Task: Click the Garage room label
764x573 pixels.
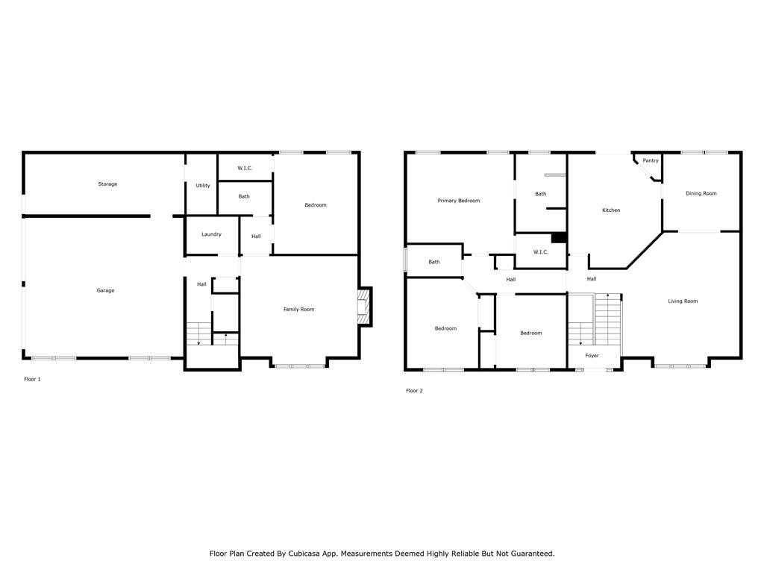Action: pos(105,290)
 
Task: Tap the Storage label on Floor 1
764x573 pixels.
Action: pos(107,184)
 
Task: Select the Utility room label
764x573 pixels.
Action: pos(203,186)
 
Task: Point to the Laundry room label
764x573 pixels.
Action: pos(211,234)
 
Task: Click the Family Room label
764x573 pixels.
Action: pos(298,310)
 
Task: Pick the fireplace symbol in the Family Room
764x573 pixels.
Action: pos(364,307)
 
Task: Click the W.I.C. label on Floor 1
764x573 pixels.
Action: pos(245,168)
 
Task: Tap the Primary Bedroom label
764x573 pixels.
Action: pos(459,201)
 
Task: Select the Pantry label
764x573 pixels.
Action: pos(651,161)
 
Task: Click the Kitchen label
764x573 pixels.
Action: pos(611,210)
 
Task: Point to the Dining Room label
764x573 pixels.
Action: pos(701,193)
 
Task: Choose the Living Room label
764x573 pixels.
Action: pos(683,301)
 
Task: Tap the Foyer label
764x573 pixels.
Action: pos(592,356)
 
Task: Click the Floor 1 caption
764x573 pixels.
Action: pos(33,379)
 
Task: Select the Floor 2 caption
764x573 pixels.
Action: pos(415,391)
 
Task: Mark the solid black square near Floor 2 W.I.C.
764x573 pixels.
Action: pos(558,238)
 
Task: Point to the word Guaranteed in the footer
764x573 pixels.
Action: pos(530,554)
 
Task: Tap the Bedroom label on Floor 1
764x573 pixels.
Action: pos(316,205)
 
